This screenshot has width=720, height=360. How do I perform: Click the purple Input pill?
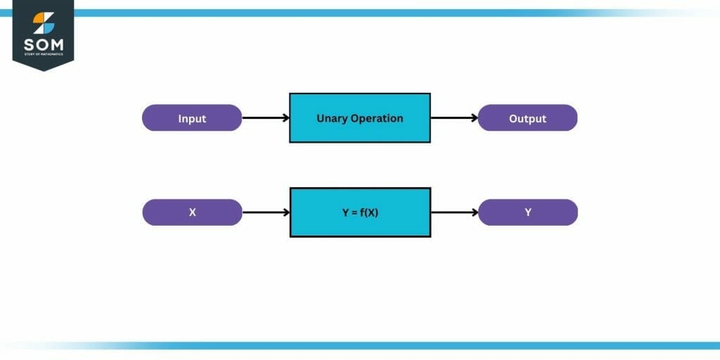click(192, 118)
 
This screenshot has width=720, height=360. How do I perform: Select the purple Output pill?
click(527, 118)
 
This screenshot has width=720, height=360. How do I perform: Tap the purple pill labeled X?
click(192, 212)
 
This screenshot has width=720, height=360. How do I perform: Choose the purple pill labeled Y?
click(527, 212)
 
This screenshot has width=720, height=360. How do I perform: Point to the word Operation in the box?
click(378, 118)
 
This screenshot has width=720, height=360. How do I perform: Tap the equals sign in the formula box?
click(352, 212)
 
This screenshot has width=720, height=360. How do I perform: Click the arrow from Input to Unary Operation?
click(265, 118)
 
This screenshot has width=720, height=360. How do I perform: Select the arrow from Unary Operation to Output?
click(454, 118)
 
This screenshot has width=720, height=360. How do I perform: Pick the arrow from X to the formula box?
click(265, 212)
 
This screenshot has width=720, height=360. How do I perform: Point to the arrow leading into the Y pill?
click(454, 212)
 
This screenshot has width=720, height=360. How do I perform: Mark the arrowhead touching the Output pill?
click(474, 118)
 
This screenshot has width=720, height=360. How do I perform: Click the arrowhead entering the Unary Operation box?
click(285, 118)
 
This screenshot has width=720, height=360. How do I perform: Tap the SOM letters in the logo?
click(43, 44)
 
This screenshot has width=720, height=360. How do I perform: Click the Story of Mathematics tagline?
click(43, 54)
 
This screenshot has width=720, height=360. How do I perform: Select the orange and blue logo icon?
click(43, 22)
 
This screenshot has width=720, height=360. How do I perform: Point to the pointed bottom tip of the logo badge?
click(43, 70)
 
